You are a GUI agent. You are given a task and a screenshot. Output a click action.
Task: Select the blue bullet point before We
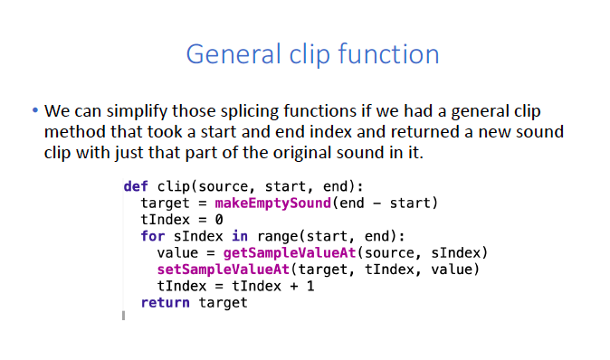[35, 112]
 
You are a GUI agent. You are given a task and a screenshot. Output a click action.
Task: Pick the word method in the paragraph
[74, 132]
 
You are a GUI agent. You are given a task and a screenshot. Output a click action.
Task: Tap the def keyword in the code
[136, 187]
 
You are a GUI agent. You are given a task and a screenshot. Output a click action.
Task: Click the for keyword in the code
[152, 236]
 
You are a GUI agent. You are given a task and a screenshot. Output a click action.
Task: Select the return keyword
[165, 302]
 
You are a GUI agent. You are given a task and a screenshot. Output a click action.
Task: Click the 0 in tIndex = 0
[219, 220]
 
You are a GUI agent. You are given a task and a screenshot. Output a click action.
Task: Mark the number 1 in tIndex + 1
[310, 286]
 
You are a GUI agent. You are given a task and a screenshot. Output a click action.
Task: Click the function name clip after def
[173, 187]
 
